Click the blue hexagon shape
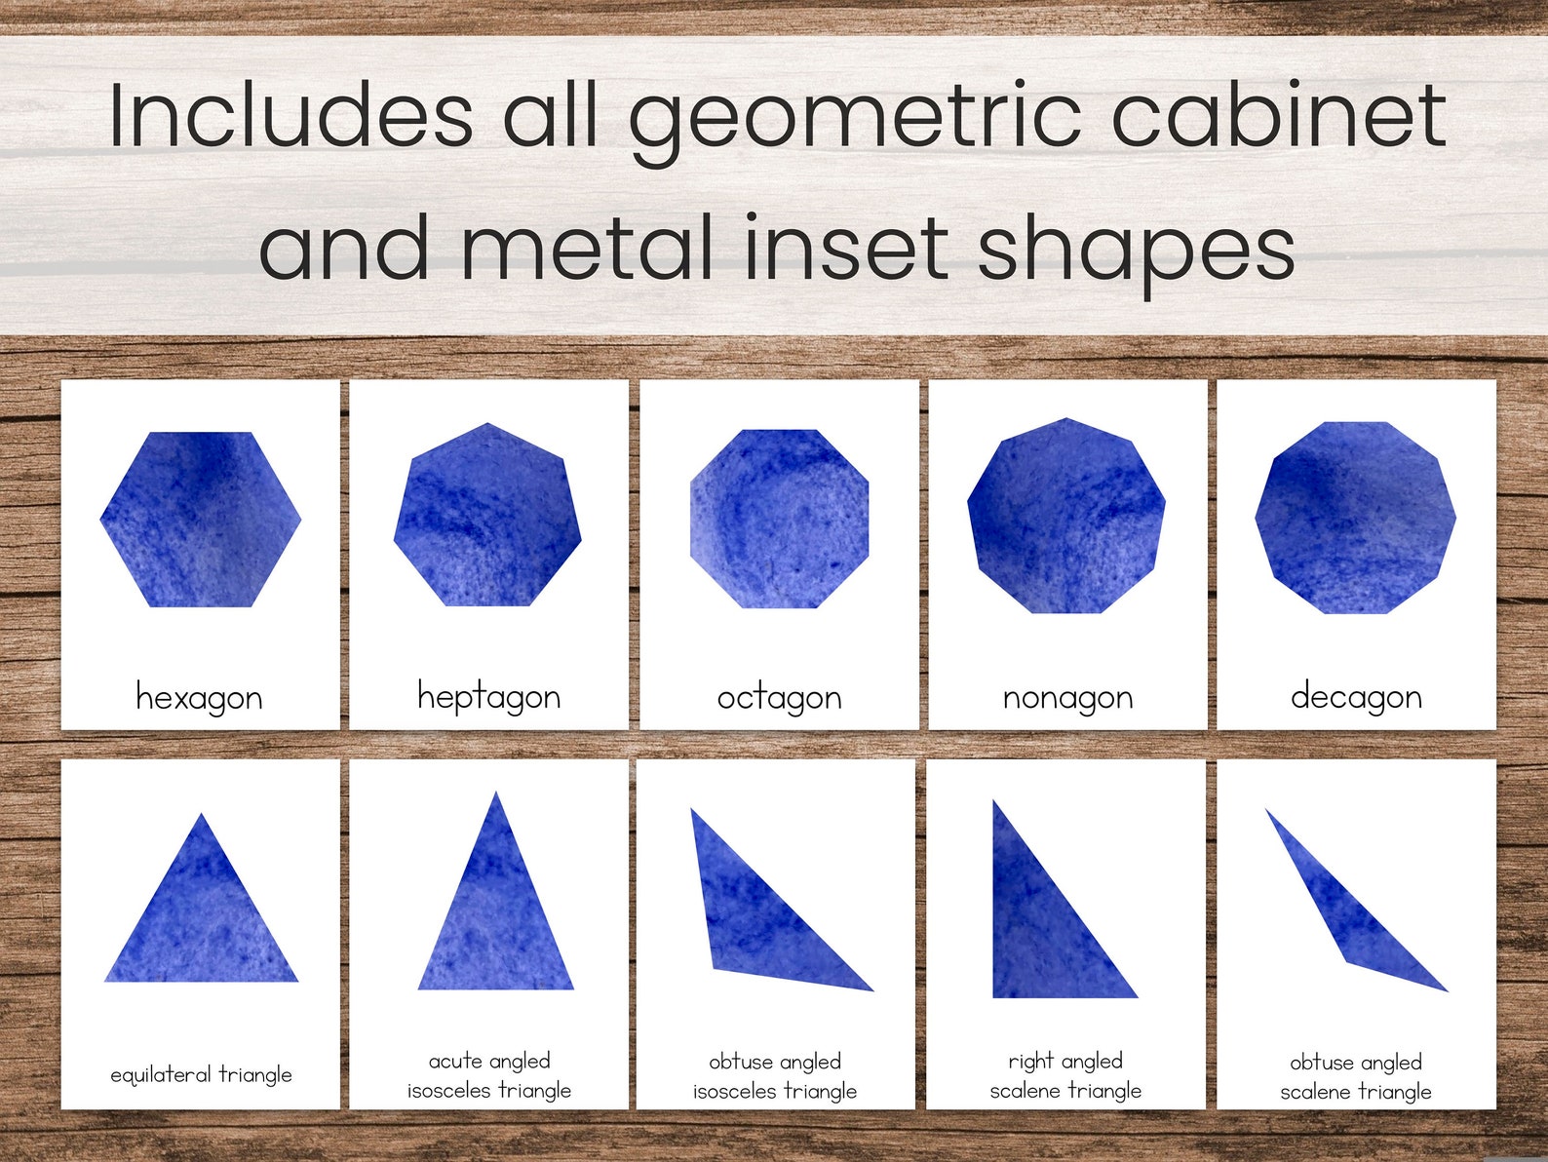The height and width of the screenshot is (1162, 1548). click(200, 519)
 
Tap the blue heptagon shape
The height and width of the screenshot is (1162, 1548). click(487, 517)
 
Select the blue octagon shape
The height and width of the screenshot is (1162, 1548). click(779, 519)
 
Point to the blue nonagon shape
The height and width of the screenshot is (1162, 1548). click(1066, 517)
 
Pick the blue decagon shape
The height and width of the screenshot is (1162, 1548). click(1355, 518)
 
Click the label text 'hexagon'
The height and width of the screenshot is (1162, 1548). click(200, 698)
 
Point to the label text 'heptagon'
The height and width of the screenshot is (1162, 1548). click(488, 697)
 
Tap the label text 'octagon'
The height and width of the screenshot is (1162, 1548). click(779, 698)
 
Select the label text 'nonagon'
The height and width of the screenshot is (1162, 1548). click(1067, 698)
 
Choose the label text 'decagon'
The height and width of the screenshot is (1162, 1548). click(1356, 697)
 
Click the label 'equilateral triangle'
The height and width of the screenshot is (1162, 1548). click(201, 1074)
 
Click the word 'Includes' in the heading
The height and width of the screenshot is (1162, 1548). click(290, 116)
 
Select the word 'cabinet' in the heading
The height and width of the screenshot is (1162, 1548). click(1278, 116)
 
